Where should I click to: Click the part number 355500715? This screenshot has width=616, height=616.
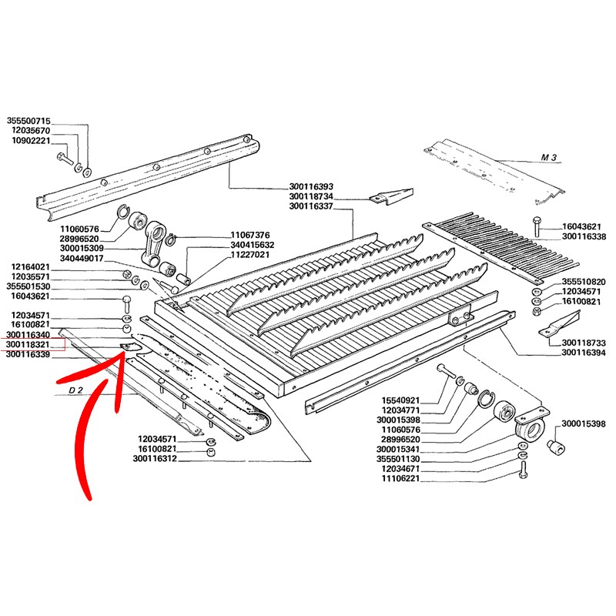coord(28,121)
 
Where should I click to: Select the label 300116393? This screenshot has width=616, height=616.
coord(311,186)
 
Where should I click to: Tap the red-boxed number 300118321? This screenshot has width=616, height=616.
coord(28,344)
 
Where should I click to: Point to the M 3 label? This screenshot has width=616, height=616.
coord(549,158)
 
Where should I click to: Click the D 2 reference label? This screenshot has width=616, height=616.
coord(75,390)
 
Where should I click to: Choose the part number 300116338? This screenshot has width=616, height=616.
coord(584,236)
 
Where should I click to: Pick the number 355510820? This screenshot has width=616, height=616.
coord(584,282)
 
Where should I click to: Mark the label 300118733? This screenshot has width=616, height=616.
coord(584,343)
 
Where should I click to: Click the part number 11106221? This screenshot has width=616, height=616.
coord(400,478)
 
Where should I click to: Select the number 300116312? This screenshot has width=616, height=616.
coord(155,458)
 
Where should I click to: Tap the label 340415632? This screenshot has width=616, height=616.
coord(253,245)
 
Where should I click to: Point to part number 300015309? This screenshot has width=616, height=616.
coord(82,248)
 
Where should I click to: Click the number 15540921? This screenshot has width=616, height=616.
coord(400,400)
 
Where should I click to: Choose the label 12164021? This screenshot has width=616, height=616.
coord(31,267)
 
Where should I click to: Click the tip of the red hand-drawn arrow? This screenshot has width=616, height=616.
coord(125,351)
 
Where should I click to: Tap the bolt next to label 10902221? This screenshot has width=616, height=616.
coord(65,158)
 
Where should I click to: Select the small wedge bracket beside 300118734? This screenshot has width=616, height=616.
coord(391,196)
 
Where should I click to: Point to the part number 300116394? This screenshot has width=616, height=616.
coord(584,353)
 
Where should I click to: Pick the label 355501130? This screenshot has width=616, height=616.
coord(398,459)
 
